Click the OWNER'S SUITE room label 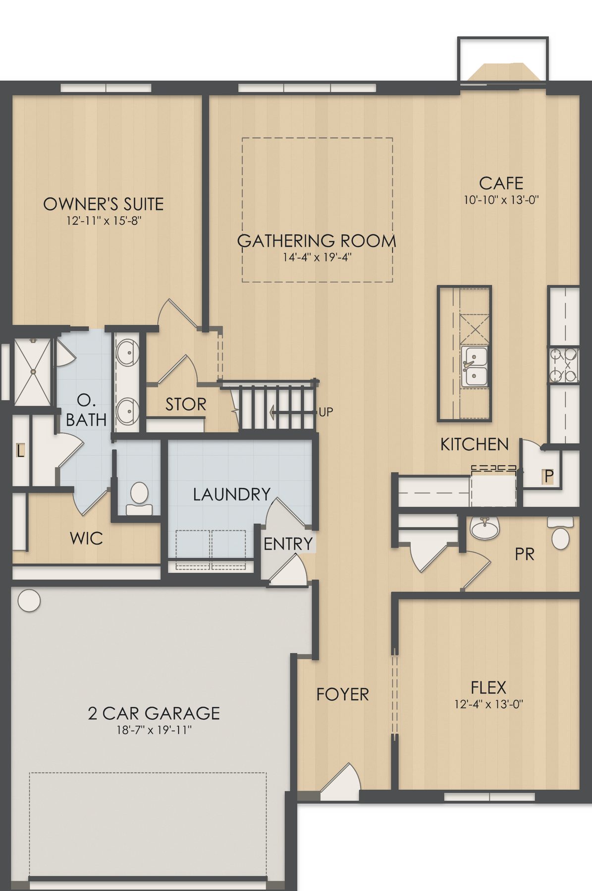pos(104,204)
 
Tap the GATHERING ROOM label pos(317,241)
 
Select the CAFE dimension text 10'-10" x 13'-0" pos(501,200)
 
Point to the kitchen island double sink pos(475,367)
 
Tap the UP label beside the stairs pos(326,412)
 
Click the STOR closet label pos(186,404)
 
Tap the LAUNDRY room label pos(232,494)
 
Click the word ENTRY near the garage pos(288,544)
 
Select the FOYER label pos(343,694)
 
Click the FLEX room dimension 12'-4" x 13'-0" pos(489,704)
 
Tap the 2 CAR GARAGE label pos(154,713)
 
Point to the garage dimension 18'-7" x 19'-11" pos(154,730)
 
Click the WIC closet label pos(86,538)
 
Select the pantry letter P pos(548,476)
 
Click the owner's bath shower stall pos(32,371)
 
